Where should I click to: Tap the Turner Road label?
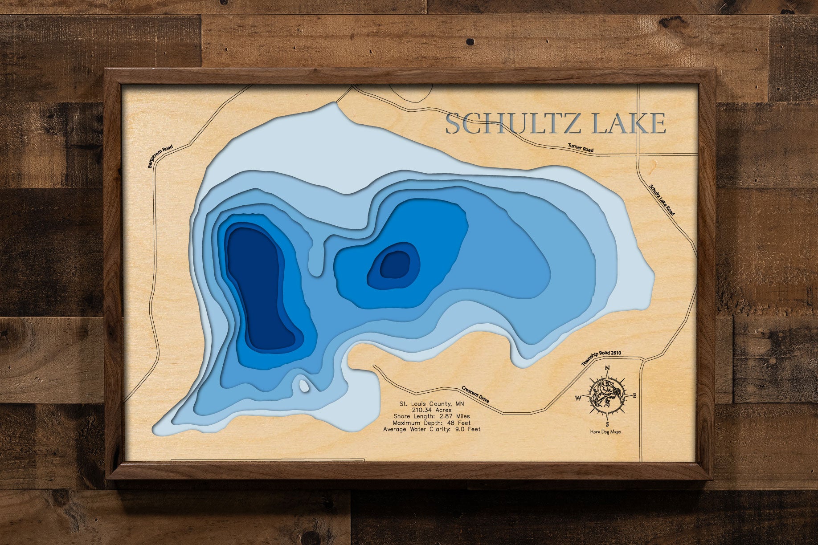[580, 148]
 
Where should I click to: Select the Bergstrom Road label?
[160, 157]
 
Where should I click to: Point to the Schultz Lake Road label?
[662, 200]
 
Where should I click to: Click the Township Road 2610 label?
[601, 358]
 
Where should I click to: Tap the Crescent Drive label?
[475, 394]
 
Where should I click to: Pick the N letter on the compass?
[607, 368]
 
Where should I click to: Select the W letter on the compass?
[578, 398]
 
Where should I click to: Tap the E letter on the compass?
[634, 395]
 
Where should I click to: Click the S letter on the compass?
[607, 424]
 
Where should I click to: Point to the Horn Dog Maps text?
[605, 431]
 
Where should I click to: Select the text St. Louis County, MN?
[432, 404]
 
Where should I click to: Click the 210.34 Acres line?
[432, 410]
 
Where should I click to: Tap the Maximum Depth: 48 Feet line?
[432, 423]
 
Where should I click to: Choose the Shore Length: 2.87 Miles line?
[432, 416]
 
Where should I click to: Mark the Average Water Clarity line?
[432, 429]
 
